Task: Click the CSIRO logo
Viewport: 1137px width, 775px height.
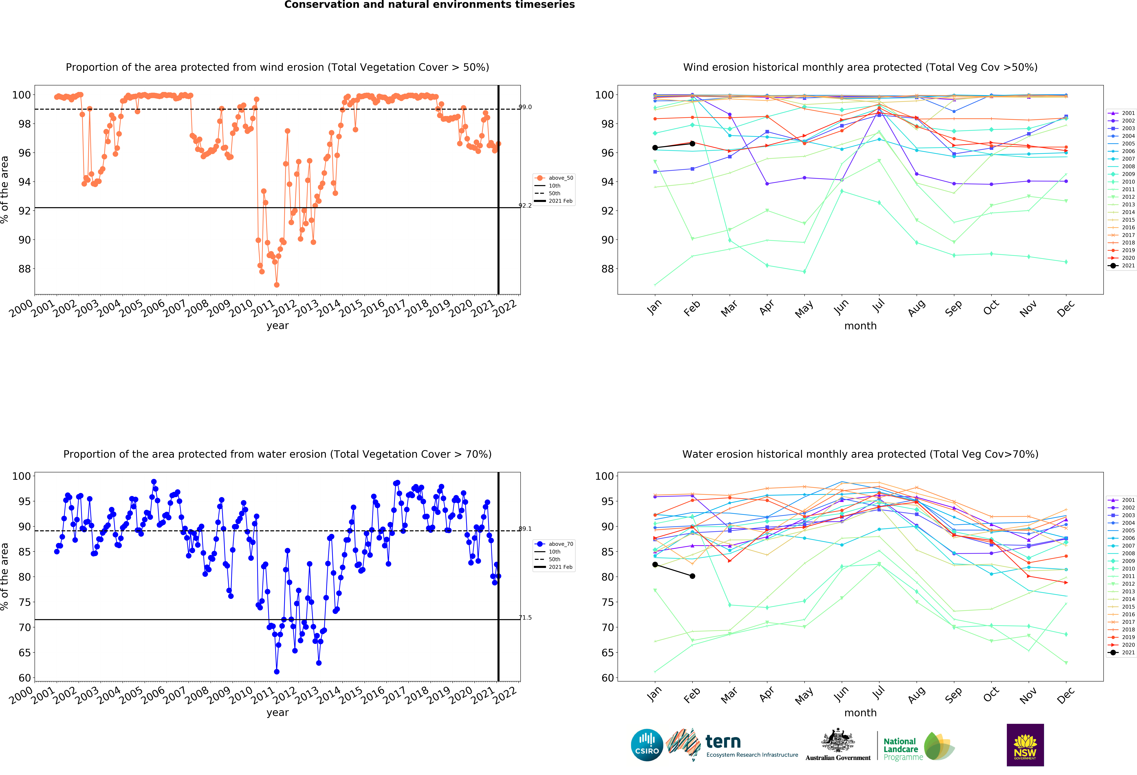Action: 647,745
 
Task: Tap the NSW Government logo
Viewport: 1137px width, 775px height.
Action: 1025,745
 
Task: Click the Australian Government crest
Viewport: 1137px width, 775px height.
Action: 838,740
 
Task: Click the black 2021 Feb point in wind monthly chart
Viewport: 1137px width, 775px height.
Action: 692,143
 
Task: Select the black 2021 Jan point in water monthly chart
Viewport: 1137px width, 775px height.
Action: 655,565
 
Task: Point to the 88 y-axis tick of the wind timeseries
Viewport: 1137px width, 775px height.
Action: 25,269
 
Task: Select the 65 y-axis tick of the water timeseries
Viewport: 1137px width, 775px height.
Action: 25,653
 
